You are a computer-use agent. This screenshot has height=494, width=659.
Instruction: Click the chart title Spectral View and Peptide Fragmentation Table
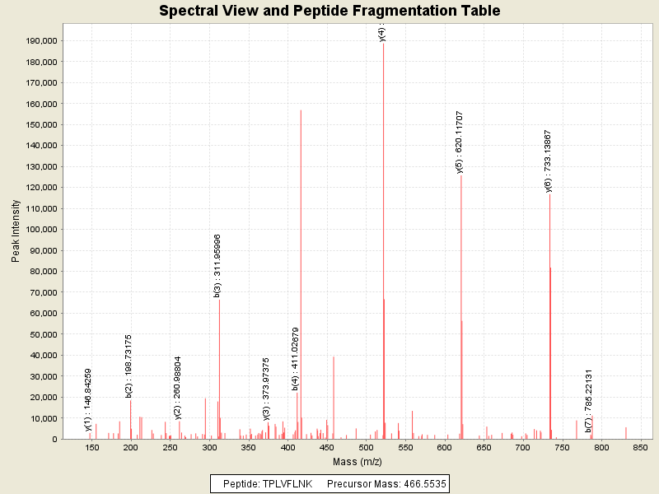coord(329,11)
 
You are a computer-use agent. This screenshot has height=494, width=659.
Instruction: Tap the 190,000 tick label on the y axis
coord(40,40)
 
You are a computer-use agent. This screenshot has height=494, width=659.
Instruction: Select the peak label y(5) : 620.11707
coord(460,142)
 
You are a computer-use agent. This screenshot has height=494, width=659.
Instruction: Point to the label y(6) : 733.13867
coord(548,161)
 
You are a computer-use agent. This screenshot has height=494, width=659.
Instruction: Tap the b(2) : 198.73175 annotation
coord(129,366)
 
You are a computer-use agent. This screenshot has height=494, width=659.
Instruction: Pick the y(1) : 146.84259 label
coord(88,399)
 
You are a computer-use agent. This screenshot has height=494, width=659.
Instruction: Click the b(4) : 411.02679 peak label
coord(296,358)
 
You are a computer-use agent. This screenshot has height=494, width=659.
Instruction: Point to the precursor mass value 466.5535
coord(423,484)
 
